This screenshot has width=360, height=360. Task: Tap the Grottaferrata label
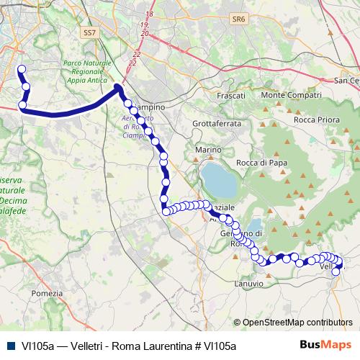coord(216,123)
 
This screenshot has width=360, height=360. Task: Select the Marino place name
coord(207,150)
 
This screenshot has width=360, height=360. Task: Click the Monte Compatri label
coord(291,95)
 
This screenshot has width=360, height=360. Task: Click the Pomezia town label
coord(48,293)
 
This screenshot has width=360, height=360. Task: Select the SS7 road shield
coord(89,32)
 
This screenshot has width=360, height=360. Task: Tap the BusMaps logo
coord(325,346)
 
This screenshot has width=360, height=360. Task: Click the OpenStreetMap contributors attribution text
coord(297,323)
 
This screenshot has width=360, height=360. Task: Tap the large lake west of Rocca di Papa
coord(219,180)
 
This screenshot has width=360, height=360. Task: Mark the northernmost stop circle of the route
coord(21,70)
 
